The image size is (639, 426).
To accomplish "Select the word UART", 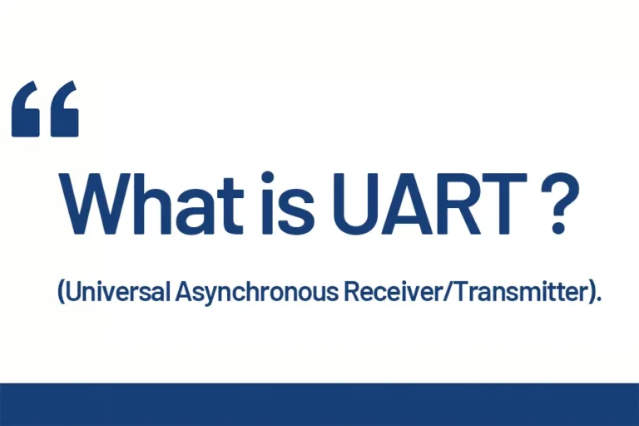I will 416,205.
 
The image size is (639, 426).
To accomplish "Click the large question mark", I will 558,205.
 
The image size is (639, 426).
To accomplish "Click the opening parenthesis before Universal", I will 62,293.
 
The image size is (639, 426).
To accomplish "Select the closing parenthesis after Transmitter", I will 588,293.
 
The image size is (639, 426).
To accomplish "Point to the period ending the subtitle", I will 597,301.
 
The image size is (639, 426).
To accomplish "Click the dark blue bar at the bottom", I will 319,404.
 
